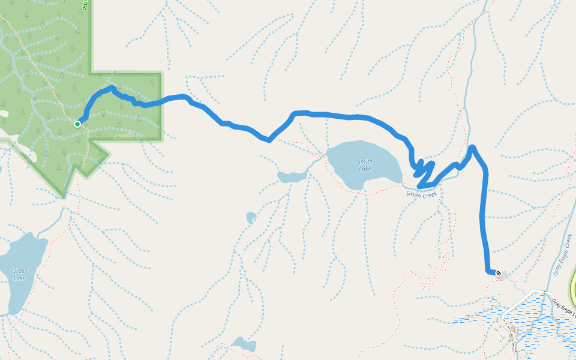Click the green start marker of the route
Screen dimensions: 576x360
pyautogui.click(x=77, y=124)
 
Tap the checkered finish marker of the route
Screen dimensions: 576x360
pyautogui.click(x=498, y=273)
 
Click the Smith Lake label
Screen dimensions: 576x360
pyautogui.click(x=365, y=165)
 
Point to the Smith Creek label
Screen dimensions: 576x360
pyautogui.click(x=422, y=194)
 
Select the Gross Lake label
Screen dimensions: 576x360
pyautogui.click(x=19, y=274)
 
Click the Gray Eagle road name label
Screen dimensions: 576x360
pyautogui.click(x=565, y=309)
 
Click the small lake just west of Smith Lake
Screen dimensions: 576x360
pyautogui.click(x=292, y=176)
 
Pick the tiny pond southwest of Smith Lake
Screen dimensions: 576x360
pyautogui.click(x=251, y=217)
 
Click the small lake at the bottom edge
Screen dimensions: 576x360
pyautogui.click(x=243, y=344)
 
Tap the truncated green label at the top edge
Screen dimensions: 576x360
pyautogui.click(x=86, y=5)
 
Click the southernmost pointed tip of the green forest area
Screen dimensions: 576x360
pyautogui.click(x=63, y=196)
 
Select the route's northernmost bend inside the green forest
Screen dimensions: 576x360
pyautogui.click(x=112, y=88)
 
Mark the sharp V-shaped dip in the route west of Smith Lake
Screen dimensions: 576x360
pyautogui.click(x=269, y=140)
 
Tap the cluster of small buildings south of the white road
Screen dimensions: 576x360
pyautogui.click(x=510, y=333)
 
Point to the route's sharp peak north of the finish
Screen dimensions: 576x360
pyautogui.click(x=472, y=147)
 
